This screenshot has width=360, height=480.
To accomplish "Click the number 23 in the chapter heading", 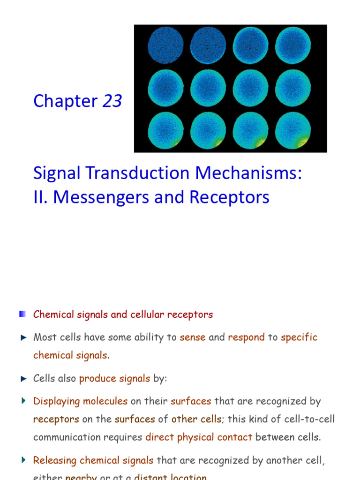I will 112,101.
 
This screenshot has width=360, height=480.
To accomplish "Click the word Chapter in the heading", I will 66,101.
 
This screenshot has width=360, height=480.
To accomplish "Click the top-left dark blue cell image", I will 165,45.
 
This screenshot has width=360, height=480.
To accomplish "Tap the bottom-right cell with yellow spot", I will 293,130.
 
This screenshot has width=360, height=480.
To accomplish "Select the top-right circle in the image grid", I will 293,45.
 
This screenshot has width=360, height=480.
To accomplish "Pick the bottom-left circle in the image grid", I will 165,130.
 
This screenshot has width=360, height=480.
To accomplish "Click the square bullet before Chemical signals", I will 22,314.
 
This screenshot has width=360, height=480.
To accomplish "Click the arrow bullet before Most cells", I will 23,337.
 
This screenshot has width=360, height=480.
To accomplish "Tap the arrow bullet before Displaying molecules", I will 23,401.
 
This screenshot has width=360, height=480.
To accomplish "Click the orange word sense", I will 193,337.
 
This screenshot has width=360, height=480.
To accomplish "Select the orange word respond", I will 246,337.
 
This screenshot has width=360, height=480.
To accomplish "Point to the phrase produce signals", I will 115,378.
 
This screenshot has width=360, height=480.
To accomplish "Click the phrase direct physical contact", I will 199,437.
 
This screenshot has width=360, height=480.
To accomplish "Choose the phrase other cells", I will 196,419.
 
